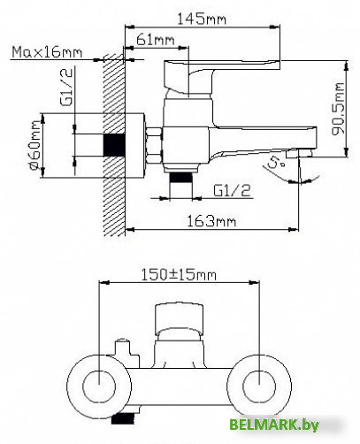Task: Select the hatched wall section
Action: click(113, 142)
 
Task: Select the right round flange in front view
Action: click(258, 385)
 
